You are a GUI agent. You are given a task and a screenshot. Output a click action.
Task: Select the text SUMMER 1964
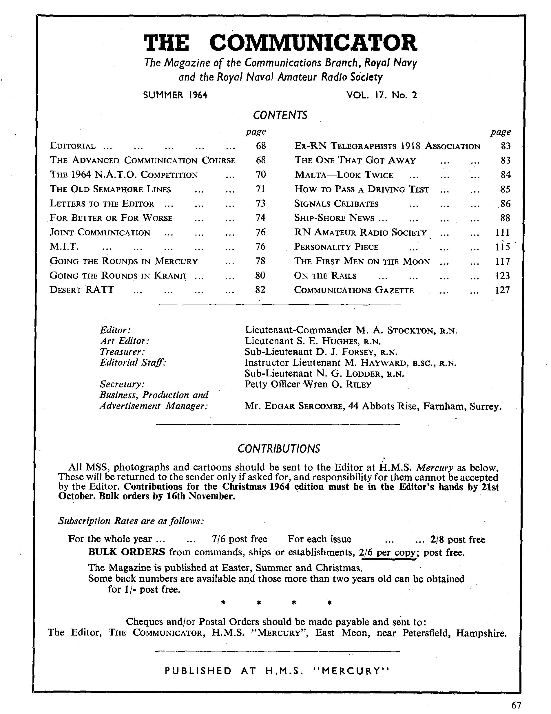[x=175, y=95]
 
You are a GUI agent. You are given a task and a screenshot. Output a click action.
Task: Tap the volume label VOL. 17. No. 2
[x=382, y=95]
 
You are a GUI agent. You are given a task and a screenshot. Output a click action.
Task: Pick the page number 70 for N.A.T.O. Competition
[x=261, y=175]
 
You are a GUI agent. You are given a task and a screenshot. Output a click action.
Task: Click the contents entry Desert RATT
[x=81, y=290]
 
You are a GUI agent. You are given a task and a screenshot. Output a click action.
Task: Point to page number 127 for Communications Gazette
[x=502, y=290]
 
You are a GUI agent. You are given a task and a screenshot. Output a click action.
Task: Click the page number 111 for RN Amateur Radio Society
[x=502, y=232]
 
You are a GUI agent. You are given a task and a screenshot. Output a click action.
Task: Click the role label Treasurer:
[x=122, y=352]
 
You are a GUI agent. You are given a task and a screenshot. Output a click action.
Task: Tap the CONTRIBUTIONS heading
[x=278, y=448]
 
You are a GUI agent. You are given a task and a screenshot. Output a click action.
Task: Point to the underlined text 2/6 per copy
[x=387, y=552]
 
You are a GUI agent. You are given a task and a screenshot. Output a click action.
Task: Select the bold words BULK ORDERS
[x=127, y=552]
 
